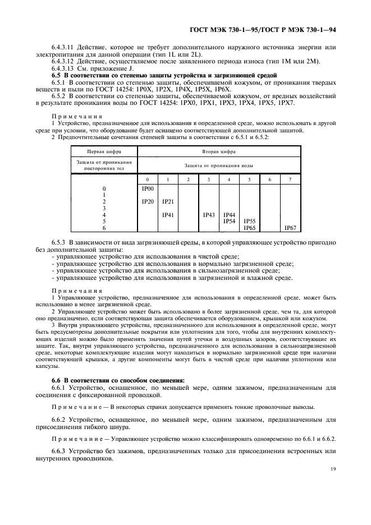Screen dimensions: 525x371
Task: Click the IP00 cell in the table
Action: pos(148,190)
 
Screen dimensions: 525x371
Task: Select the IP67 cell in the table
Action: pos(290,228)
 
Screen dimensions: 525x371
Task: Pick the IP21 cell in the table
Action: pos(168,202)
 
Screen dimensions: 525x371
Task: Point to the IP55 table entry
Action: pos(249,222)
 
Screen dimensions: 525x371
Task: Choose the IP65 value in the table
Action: pos(249,228)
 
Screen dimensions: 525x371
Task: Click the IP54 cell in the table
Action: pos(229,222)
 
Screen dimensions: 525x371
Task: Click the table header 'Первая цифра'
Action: pos(104,151)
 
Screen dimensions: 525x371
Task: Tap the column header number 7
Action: pos(290,179)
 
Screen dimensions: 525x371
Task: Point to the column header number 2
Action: pos(188,179)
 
